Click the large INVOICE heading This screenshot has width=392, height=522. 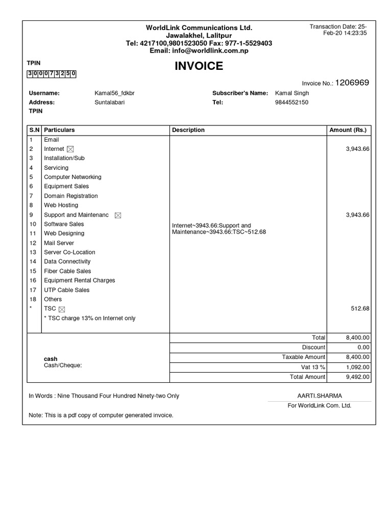tap(199, 66)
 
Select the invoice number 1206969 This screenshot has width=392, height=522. tap(352, 83)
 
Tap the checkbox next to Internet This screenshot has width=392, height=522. tap(70, 149)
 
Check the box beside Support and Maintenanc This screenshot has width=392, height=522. tap(118, 215)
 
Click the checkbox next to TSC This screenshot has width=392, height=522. tap(62, 309)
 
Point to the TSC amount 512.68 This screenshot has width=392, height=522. tap(359, 309)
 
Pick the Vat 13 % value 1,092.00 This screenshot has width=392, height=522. tap(358, 367)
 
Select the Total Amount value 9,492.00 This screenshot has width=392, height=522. tap(358, 377)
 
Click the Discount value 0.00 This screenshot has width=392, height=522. tap(362, 347)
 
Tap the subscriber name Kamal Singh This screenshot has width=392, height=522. tap(292, 93)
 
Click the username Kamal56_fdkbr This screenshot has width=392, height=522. tap(115, 93)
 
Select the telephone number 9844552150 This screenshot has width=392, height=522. tap(291, 102)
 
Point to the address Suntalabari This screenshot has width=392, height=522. tap(110, 102)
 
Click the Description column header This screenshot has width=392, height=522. tap(188, 130)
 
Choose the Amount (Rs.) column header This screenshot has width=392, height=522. tap(348, 130)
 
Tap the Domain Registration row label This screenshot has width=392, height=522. tap(71, 196)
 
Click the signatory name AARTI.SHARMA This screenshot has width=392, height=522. tap(320, 396)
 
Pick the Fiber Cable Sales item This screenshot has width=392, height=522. tap(67, 271)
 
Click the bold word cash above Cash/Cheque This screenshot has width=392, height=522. tap(51, 359)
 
